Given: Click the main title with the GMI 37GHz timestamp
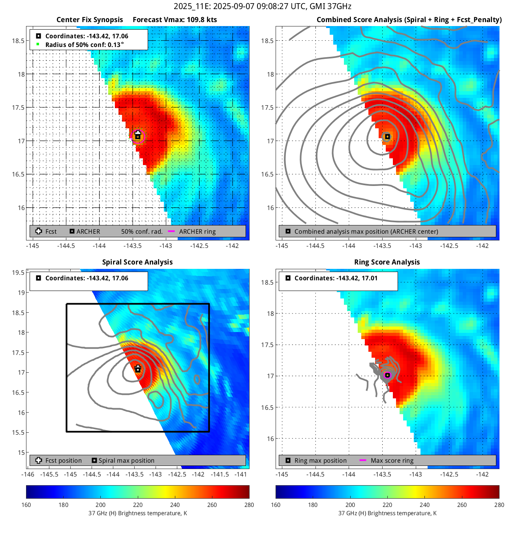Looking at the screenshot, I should click(x=262, y=6).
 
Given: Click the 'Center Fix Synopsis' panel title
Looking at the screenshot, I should click(x=90, y=20).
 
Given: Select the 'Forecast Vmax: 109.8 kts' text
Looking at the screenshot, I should click(x=175, y=20).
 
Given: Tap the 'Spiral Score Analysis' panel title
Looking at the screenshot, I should click(x=137, y=262).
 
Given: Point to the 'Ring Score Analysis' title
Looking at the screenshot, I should click(x=387, y=262).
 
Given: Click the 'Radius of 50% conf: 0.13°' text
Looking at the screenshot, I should click(x=84, y=45).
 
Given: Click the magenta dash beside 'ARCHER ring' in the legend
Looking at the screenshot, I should click(x=171, y=231).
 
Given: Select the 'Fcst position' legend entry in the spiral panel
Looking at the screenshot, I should click(x=63, y=460).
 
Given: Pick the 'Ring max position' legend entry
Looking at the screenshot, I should click(x=320, y=460).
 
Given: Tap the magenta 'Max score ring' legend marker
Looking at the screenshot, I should click(x=363, y=460).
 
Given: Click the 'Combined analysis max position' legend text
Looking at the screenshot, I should click(x=366, y=231).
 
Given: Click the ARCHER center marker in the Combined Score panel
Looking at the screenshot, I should click(x=387, y=137).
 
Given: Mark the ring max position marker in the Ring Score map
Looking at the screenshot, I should click(x=387, y=375).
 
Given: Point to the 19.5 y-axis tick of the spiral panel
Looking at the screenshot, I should click(x=18, y=272).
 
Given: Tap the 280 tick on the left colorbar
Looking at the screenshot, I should click(x=249, y=505).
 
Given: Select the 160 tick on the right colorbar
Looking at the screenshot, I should click(x=276, y=505).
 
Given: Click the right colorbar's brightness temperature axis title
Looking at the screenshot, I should click(x=387, y=513).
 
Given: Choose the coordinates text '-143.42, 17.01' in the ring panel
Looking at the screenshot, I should click(x=357, y=278).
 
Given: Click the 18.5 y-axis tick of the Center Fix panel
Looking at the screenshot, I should click(x=18, y=41).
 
